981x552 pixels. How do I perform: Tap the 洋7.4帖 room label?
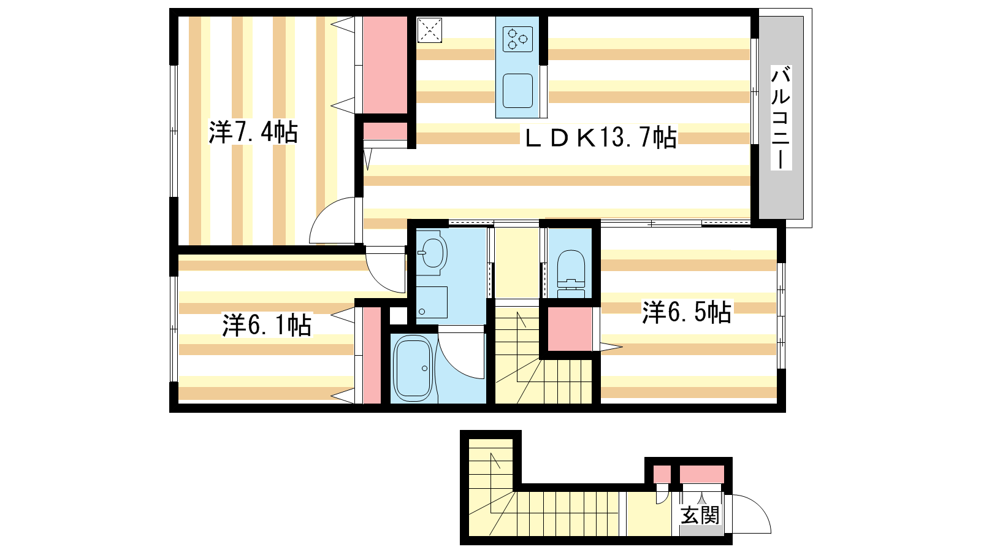pos(253,132)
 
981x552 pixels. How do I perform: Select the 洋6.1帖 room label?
pos(267,324)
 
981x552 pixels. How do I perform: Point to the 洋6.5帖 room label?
pos(687,312)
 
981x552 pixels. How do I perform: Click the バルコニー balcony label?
pos(781,117)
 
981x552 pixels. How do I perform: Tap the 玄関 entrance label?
pos(700,515)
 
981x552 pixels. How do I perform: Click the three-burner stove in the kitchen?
pos(517,39)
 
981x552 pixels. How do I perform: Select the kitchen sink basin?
pos(517,91)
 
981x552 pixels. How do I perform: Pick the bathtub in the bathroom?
pos(413,369)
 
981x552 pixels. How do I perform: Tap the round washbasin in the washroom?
pos(432,253)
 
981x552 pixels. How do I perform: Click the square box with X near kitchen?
pos(430,30)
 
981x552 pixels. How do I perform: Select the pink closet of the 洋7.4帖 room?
pos(386,65)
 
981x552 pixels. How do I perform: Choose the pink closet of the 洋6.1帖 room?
pos(372,355)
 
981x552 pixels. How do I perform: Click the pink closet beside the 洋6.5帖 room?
pos(570,329)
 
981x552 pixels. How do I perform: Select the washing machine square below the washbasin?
pos(432,302)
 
